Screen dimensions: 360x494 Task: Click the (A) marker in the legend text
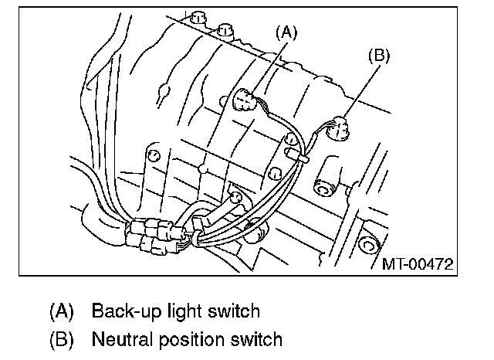[x=61, y=311]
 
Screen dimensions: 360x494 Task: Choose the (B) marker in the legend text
[x=61, y=338]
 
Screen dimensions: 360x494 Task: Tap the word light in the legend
[x=178, y=311]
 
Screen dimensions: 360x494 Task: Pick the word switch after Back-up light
[x=230, y=311]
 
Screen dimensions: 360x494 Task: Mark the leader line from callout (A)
[x=272, y=66]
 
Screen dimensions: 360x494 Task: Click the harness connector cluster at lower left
[x=154, y=232]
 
